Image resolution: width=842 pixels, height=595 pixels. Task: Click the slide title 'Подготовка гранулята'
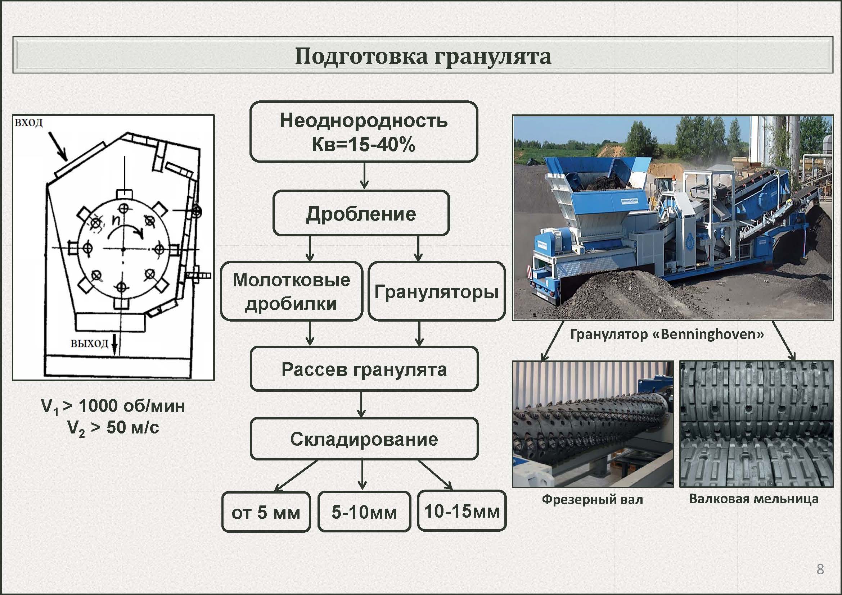tap(423, 56)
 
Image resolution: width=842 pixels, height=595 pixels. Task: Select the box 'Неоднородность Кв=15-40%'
tap(364, 132)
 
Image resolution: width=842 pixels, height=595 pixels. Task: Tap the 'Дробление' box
tap(361, 213)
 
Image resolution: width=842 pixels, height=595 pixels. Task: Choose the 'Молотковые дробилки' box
tap(292, 292)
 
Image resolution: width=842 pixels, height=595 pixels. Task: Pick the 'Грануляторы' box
tap(436, 292)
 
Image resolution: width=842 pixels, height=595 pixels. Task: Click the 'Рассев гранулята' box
tap(364, 369)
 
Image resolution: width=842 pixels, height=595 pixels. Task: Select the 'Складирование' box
tap(364, 439)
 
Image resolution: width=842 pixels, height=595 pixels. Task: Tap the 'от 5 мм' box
tap(266, 512)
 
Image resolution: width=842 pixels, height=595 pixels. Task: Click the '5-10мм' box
tap(364, 512)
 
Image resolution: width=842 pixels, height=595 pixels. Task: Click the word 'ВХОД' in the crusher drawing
tap(28, 122)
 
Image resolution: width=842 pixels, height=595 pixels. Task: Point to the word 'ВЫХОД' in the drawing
tap(89, 344)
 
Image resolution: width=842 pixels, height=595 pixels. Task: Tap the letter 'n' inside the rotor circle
tap(116, 219)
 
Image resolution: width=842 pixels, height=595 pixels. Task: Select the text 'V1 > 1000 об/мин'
tap(113, 406)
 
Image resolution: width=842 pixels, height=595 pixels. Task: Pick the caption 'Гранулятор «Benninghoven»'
tap(667, 334)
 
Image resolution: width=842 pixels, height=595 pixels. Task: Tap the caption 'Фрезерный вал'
tap(592, 499)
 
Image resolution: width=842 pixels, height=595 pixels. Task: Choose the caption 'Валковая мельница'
tap(753, 499)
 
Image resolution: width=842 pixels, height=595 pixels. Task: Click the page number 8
tap(820, 569)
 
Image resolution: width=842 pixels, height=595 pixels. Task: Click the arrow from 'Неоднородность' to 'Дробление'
tap(364, 176)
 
